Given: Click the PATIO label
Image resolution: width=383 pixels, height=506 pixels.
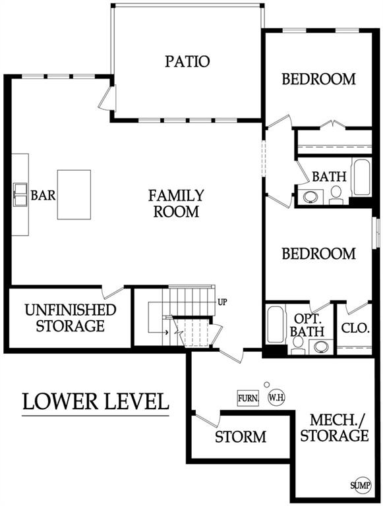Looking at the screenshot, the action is tap(187, 61).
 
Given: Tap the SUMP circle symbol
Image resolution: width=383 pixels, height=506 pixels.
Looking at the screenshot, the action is tap(361, 485).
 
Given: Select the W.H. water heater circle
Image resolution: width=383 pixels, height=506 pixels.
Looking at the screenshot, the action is tap(277, 397).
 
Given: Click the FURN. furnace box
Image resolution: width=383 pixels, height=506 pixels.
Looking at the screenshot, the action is tap(248, 398).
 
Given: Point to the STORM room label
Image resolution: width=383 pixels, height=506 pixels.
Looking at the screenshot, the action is tap(241, 437).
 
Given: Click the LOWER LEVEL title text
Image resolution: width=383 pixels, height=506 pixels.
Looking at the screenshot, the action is tap(96, 401).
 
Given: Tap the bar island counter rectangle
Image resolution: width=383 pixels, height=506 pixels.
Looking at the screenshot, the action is tap(74, 194).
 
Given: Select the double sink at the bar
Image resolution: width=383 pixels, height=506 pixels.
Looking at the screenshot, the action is tap(20, 194).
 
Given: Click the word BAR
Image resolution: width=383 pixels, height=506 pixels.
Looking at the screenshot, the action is tap(43, 195).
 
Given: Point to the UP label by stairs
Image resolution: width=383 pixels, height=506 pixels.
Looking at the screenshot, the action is tap(222, 302).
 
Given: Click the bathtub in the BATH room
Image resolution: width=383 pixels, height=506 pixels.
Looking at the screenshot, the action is tap(361, 177).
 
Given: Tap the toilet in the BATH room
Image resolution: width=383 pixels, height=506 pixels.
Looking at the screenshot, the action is tap(336, 195).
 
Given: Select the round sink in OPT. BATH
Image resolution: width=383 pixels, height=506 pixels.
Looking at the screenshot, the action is tap(321, 347).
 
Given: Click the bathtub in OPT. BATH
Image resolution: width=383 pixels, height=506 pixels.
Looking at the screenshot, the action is tap(276, 324).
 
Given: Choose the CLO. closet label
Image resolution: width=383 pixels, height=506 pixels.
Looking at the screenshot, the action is tap(355, 329).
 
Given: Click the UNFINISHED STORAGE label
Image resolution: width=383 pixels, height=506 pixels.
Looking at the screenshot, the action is tap(71, 318).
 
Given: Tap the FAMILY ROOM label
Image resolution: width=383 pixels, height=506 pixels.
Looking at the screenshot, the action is tap(176, 204).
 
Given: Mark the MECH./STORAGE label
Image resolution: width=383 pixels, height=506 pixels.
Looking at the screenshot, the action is tap(335, 428).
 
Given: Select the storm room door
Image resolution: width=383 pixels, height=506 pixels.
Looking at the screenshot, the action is tap(208, 420).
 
